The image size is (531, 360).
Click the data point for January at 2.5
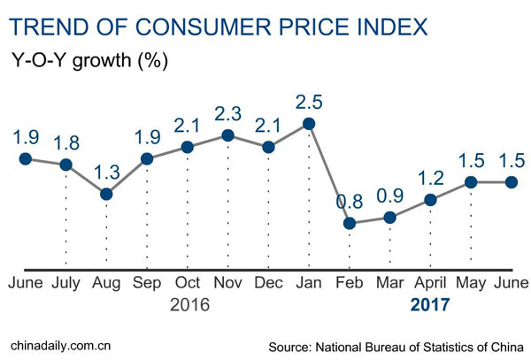[309, 124]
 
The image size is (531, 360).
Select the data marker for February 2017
[350, 223]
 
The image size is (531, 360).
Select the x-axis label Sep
[147, 283]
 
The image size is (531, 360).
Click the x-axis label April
[431, 283]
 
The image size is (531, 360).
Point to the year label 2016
[187, 306]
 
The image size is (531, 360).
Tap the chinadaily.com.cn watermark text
[65, 342]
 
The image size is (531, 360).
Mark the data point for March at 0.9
[390, 218]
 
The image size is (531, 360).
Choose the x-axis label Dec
[268, 283]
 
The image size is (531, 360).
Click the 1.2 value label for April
[431, 175]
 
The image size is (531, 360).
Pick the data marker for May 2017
[471, 182]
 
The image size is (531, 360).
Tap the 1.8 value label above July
[65, 140]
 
